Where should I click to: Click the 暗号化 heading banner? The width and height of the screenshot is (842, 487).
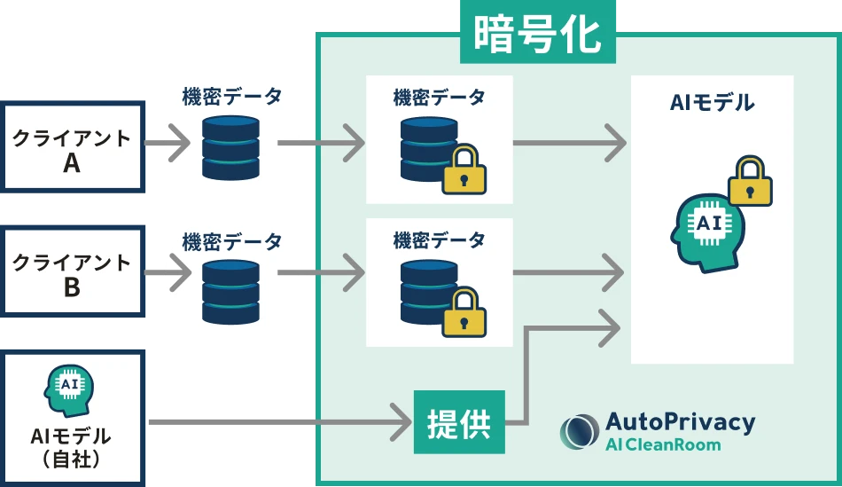click(537, 35)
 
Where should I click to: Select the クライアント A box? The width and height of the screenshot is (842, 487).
click(72, 149)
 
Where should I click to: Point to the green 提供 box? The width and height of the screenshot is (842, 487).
click(459, 422)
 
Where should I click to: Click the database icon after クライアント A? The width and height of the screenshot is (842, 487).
click(230, 146)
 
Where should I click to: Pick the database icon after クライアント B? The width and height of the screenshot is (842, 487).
click(230, 291)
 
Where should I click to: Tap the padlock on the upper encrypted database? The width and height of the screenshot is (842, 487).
click(464, 170)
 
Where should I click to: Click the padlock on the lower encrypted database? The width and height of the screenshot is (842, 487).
click(464, 312)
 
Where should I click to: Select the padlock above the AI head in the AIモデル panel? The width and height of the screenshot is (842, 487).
click(750, 181)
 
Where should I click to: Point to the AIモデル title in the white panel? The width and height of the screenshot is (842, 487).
click(712, 103)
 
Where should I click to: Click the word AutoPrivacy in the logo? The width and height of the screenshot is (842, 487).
click(680, 422)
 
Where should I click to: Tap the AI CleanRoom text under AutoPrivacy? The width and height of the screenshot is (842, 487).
click(663, 444)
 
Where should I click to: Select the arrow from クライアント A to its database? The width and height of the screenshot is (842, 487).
click(168, 140)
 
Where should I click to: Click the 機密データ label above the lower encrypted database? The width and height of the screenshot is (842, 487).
click(439, 240)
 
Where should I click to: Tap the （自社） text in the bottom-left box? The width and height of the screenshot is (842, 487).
click(71, 459)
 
